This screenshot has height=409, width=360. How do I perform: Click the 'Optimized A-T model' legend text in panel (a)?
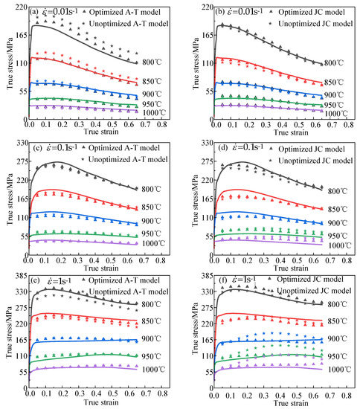coord(128,12)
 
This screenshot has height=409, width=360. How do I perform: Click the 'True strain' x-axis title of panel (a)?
coord(98,133)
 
